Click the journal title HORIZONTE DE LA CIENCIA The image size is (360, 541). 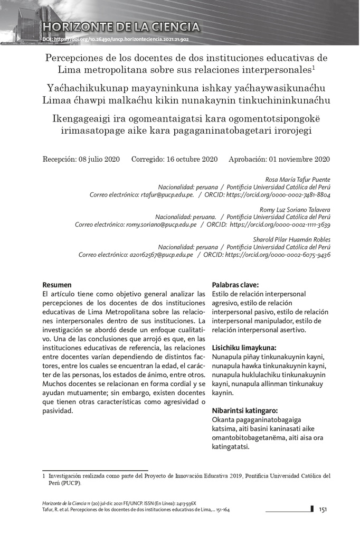pyautogui.click(x=122, y=27)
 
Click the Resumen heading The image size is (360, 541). pyautogui.click(x=56, y=285)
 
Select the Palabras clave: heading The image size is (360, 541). pyautogui.click(x=235, y=285)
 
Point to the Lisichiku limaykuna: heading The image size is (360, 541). pyautogui.click(x=244, y=348)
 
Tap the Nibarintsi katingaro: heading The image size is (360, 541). pyautogui.click(x=244, y=411)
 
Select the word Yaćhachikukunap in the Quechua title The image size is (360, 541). pyautogui.click(x=84, y=87)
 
